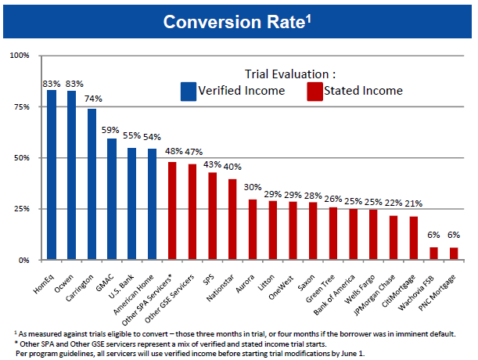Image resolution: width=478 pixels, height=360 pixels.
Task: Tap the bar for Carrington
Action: coord(92,184)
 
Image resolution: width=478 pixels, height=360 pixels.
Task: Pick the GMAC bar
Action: coord(112,199)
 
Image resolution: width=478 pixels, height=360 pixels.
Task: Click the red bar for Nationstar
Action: coord(232,219)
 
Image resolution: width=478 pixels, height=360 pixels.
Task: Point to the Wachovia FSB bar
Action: coord(434,253)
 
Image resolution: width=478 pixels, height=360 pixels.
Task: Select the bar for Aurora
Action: coord(253,229)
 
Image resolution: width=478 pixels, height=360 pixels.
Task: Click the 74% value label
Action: coord(93,99)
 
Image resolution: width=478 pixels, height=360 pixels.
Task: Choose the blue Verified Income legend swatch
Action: coord(189,92)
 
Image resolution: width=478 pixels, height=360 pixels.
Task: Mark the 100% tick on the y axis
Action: coord(20,56)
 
